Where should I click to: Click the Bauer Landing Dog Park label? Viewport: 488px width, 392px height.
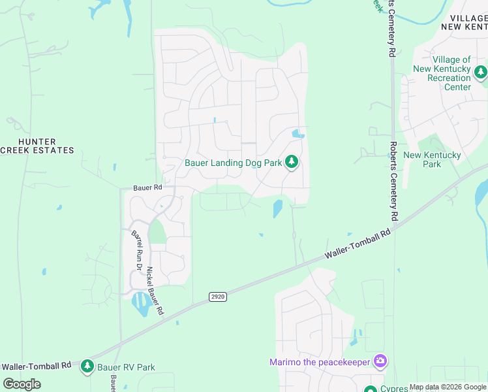point(233,163)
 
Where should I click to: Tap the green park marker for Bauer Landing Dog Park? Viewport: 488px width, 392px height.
point(292,161)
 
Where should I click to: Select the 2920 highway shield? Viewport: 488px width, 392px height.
point(218,297)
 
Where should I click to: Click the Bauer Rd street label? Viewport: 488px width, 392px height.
point(147,188)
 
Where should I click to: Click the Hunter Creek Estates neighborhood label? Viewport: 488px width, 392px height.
point(37,146)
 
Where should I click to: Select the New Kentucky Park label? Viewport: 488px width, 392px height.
point(432,159)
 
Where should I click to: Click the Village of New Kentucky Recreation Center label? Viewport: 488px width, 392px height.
point(442,73)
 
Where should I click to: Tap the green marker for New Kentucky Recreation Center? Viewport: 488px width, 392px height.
point(481,71)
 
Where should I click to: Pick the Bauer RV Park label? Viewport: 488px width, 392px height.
point(126,367)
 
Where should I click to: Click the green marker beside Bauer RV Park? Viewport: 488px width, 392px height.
point(87,367)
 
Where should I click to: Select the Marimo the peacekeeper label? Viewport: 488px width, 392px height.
point(319,362)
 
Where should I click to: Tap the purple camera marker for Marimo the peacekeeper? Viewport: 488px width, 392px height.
point(380,361)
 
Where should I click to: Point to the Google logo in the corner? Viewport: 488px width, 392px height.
point(22,384)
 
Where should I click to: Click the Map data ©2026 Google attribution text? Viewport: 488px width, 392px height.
point(448,387)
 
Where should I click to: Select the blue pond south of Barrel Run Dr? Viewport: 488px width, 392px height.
point(140,302)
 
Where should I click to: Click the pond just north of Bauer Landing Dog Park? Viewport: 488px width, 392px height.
point(298,135)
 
